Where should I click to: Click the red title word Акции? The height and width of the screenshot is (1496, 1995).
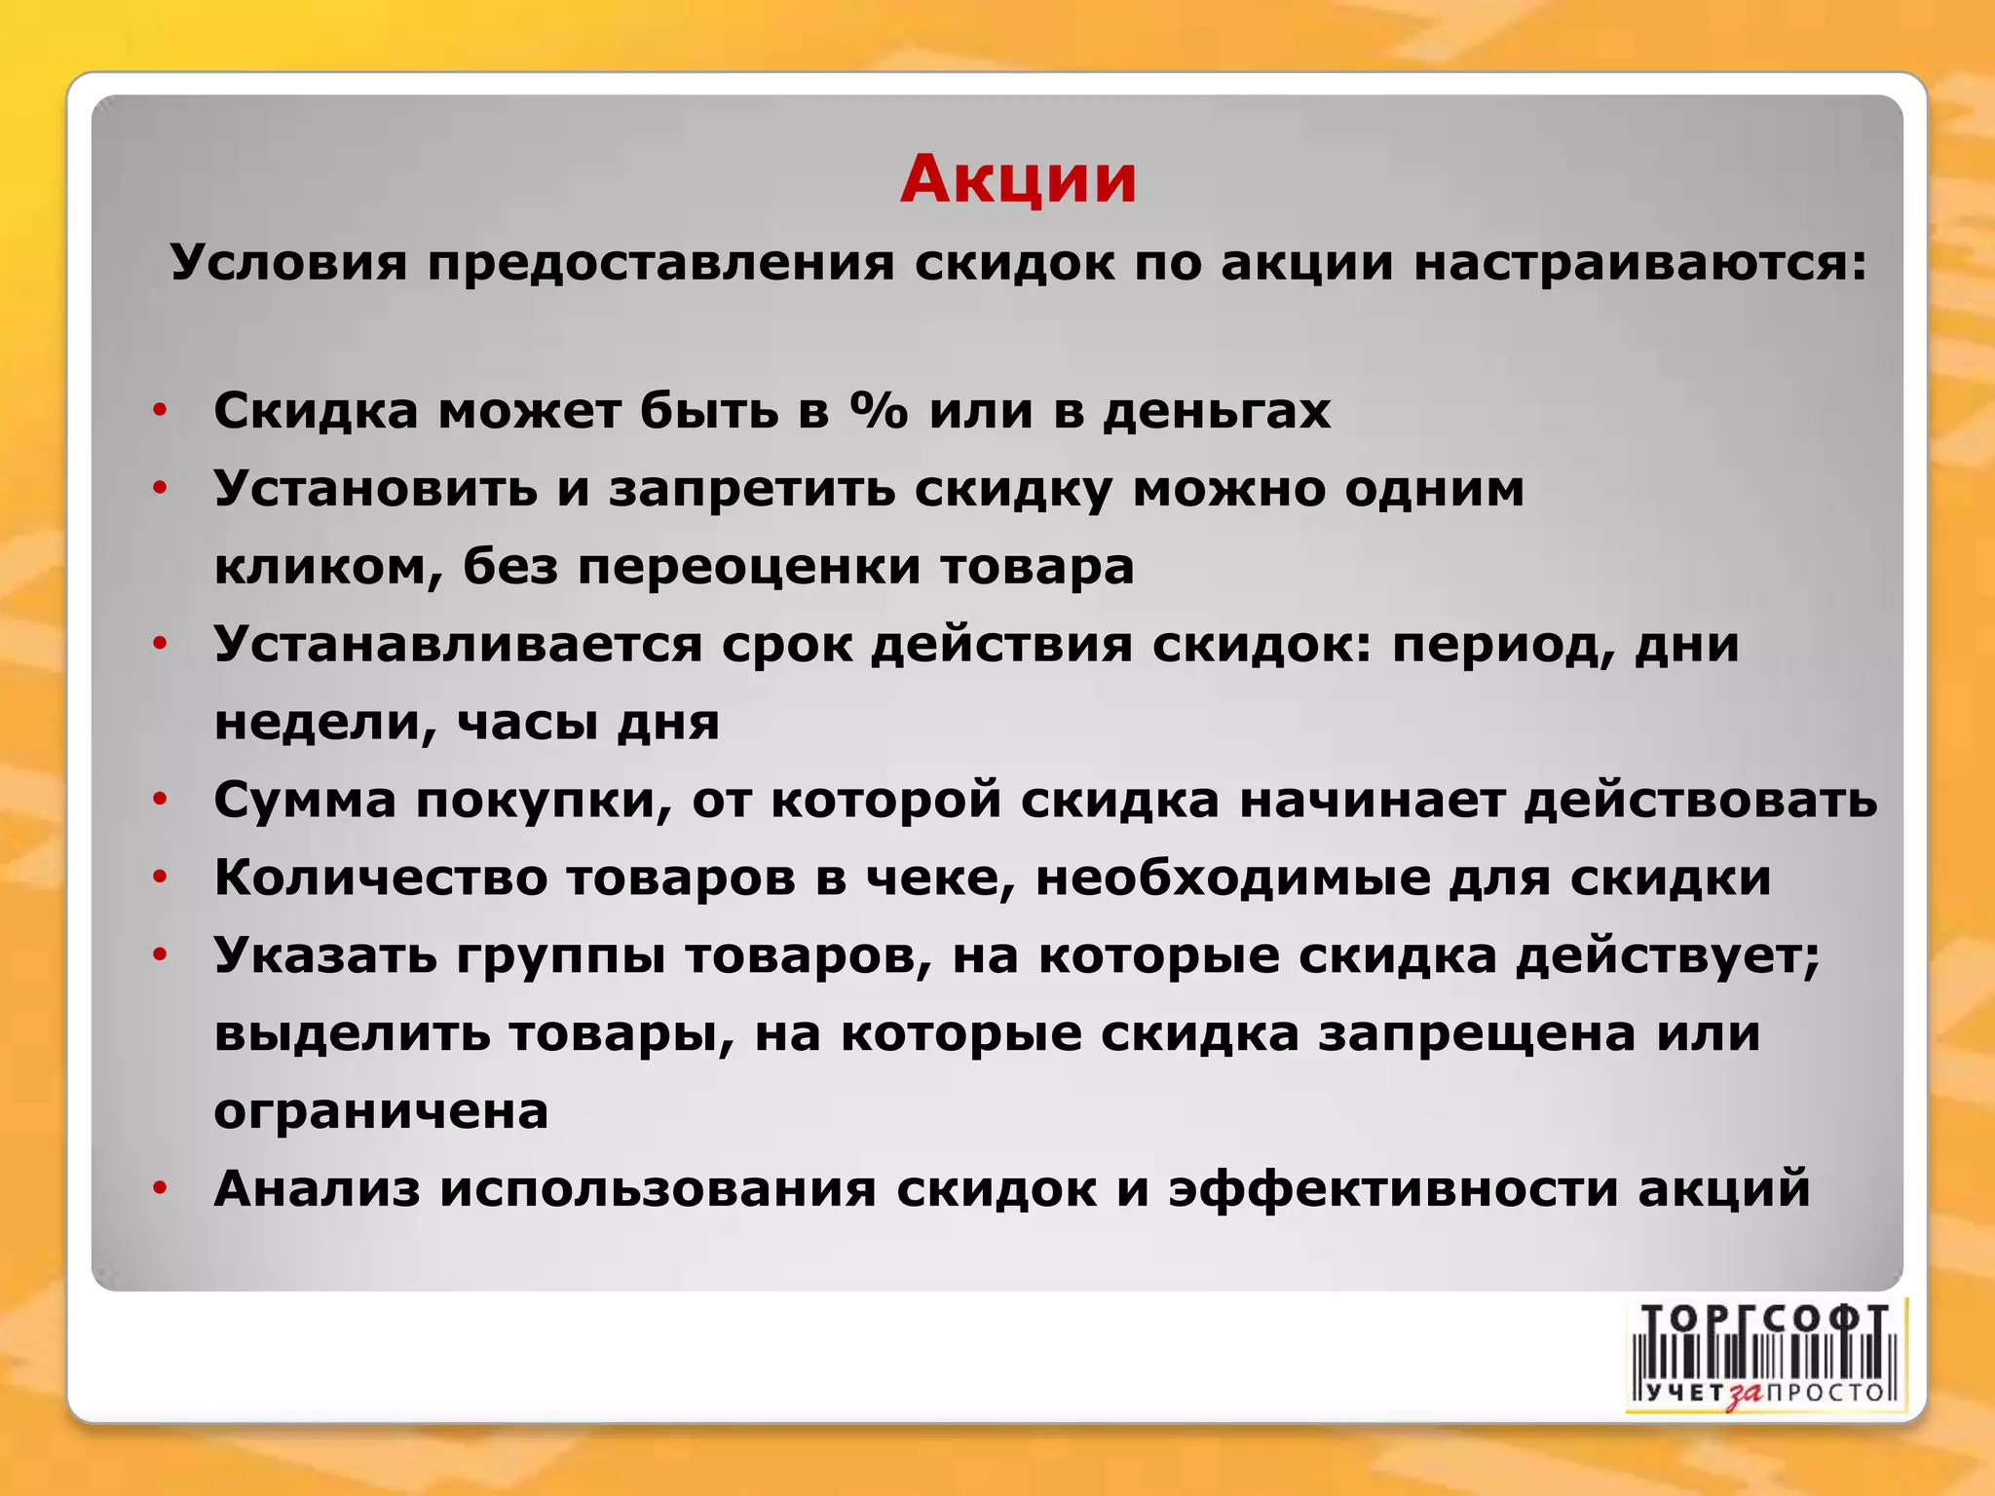(1018, 179)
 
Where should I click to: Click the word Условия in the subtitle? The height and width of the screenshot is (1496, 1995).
(288, 263)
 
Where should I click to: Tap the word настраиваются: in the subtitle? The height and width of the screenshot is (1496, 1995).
(1641, 263)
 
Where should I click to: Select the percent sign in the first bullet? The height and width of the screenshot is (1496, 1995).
(879, 410)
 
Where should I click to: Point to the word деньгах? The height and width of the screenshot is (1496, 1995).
(1217, 412)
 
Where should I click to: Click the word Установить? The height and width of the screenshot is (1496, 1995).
(375, 488)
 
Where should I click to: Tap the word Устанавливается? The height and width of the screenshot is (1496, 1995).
(458, 645)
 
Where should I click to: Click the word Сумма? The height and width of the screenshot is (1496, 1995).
(305, 801)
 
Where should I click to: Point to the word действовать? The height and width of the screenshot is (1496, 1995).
(1700, 801)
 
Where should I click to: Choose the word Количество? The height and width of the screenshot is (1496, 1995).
(381, 878)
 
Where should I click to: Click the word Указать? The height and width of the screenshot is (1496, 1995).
(325, 955)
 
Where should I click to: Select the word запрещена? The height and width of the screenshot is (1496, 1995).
(1477, 1034)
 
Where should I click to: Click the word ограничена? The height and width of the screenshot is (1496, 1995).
(381, 1111)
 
